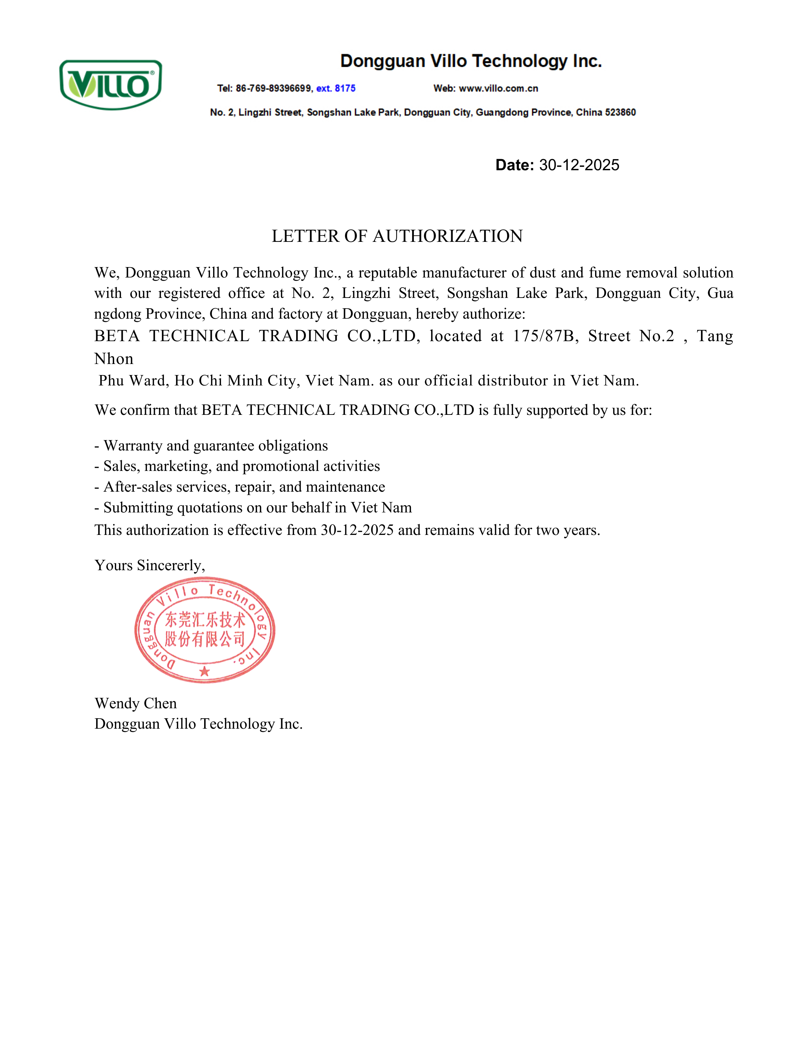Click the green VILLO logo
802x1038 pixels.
point(110,85)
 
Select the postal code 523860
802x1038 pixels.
point(620,113)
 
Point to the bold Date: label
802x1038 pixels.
point(514,165)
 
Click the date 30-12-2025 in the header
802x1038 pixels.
point(579,165)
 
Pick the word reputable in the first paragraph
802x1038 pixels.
point(388,273)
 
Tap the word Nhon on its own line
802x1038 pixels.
point(114,359)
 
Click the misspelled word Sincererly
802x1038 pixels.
point(170,565)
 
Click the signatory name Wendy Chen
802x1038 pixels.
point(135,703)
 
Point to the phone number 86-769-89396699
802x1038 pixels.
point(274,88)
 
